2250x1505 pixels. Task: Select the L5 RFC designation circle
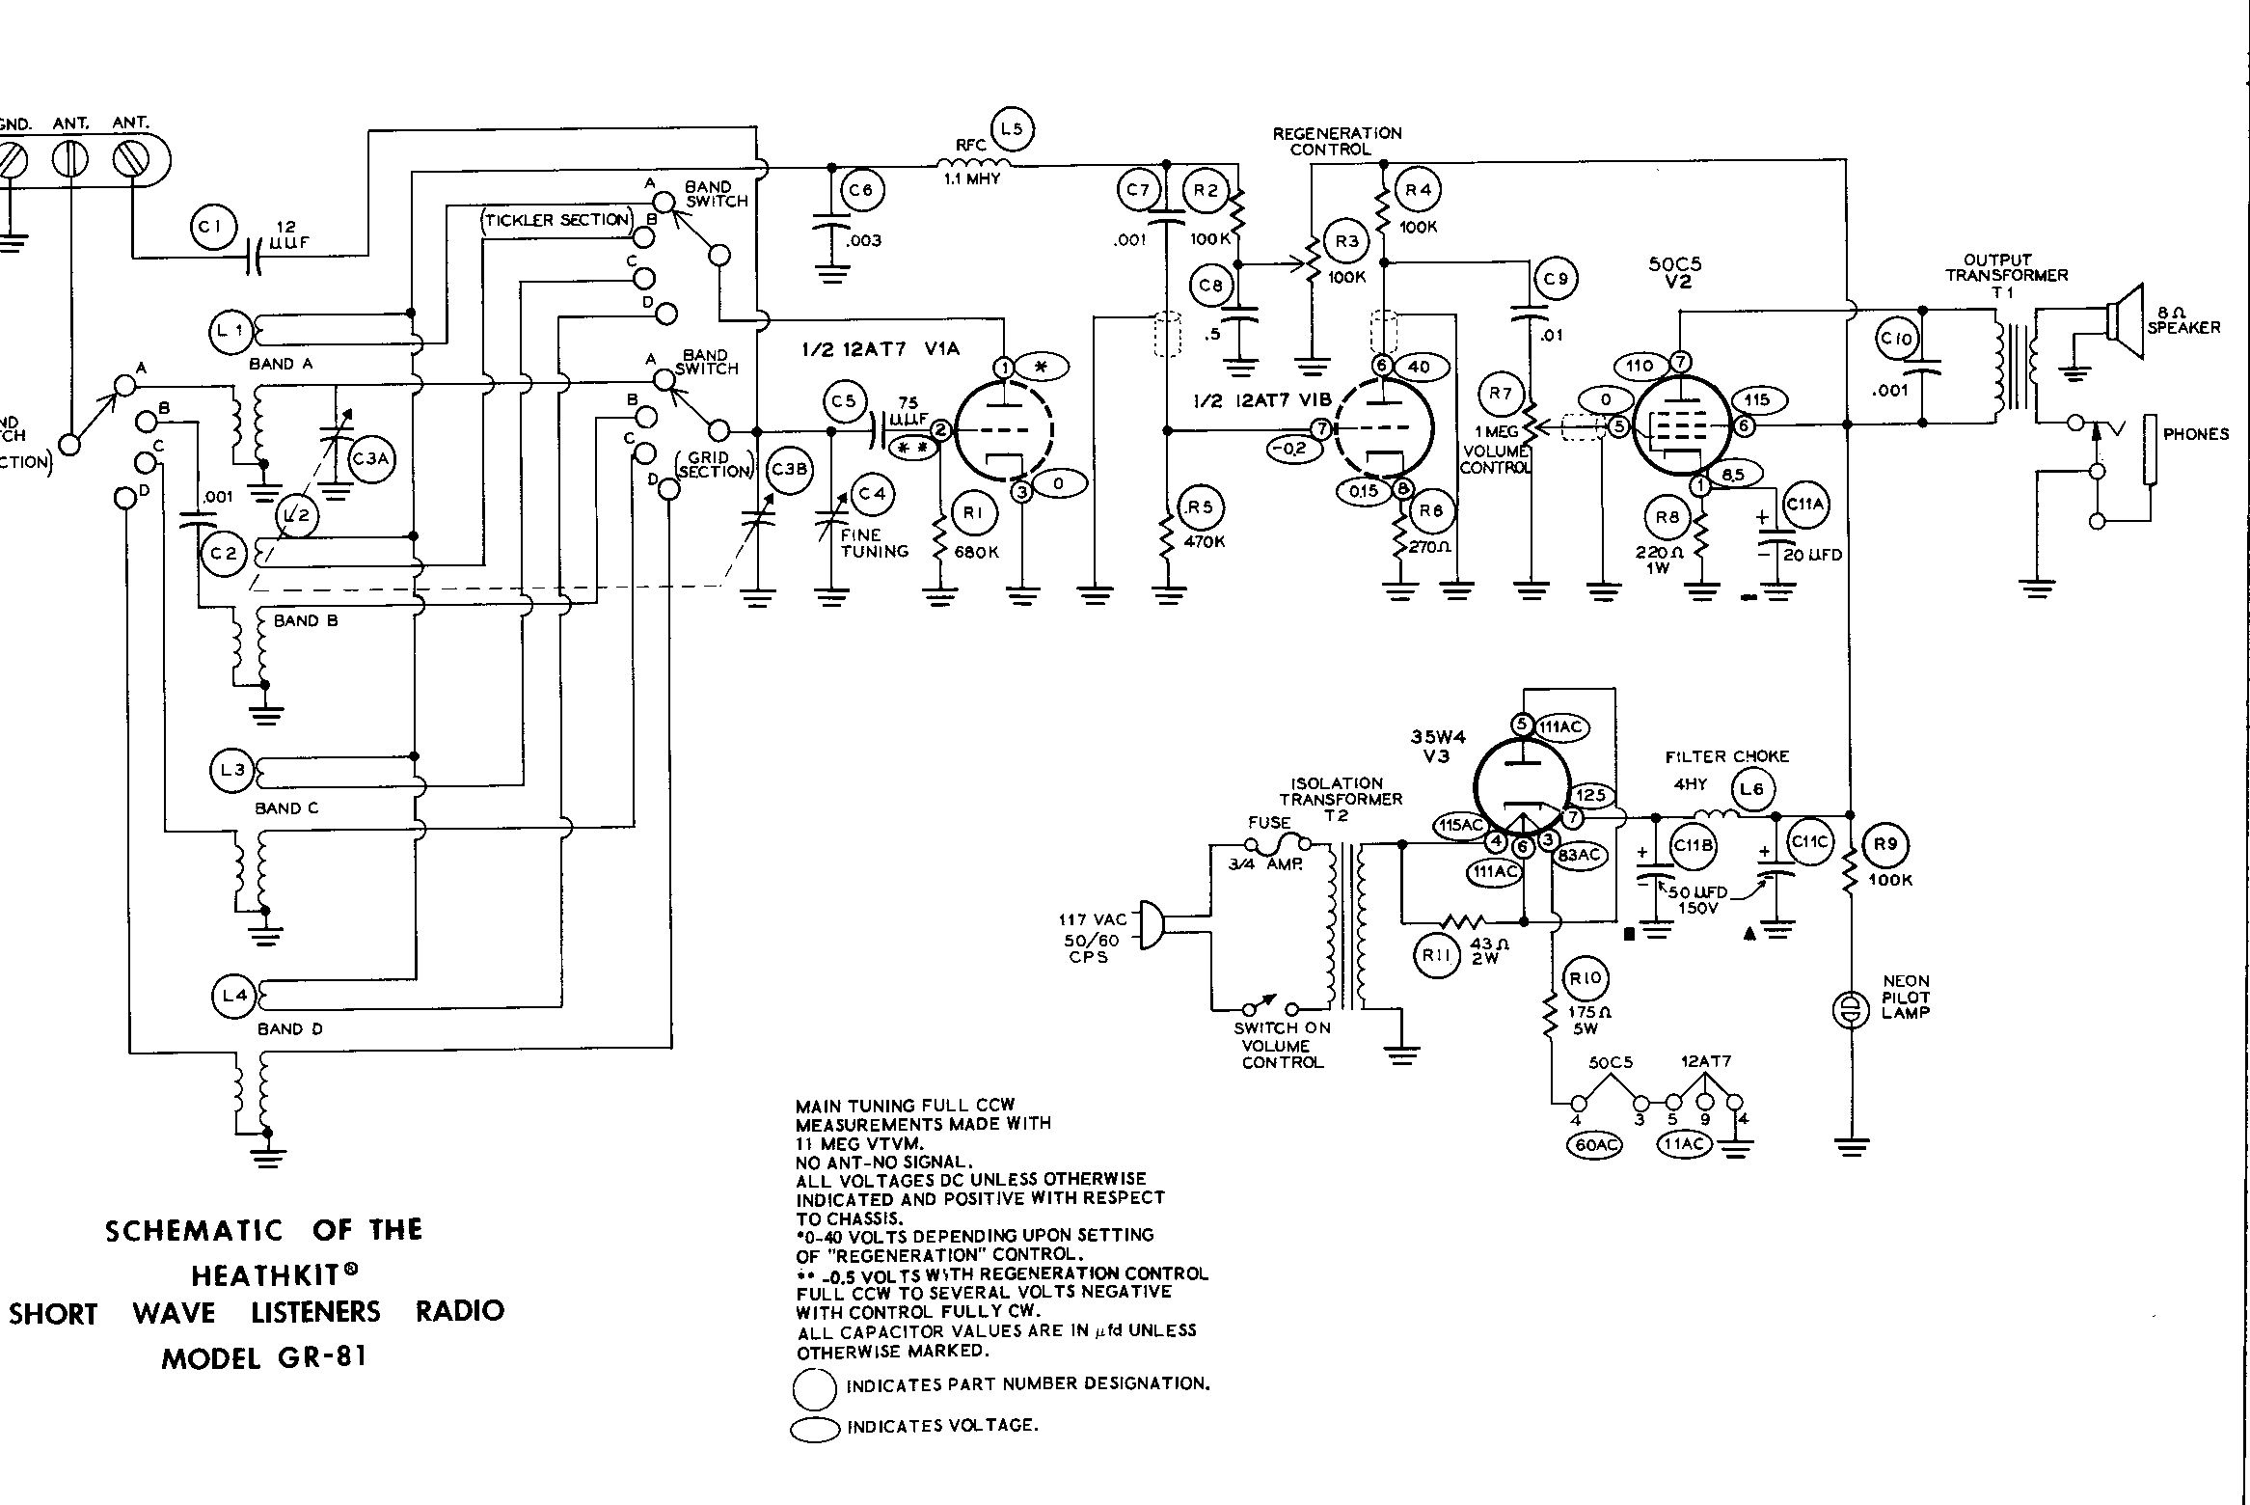point(1012,127)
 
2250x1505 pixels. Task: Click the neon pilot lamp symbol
point(1851,1010)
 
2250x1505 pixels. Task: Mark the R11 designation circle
point(1436,956)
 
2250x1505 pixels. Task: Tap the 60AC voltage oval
point(1596,1144)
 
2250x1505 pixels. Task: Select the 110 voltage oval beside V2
point(1640,366)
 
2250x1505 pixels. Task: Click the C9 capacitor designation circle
point(1556,279)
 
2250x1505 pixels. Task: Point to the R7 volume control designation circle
point(1501,394)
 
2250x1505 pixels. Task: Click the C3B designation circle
point(790,470)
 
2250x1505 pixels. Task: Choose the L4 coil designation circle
point(234,995)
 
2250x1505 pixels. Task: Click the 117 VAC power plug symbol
point(1151,924)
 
